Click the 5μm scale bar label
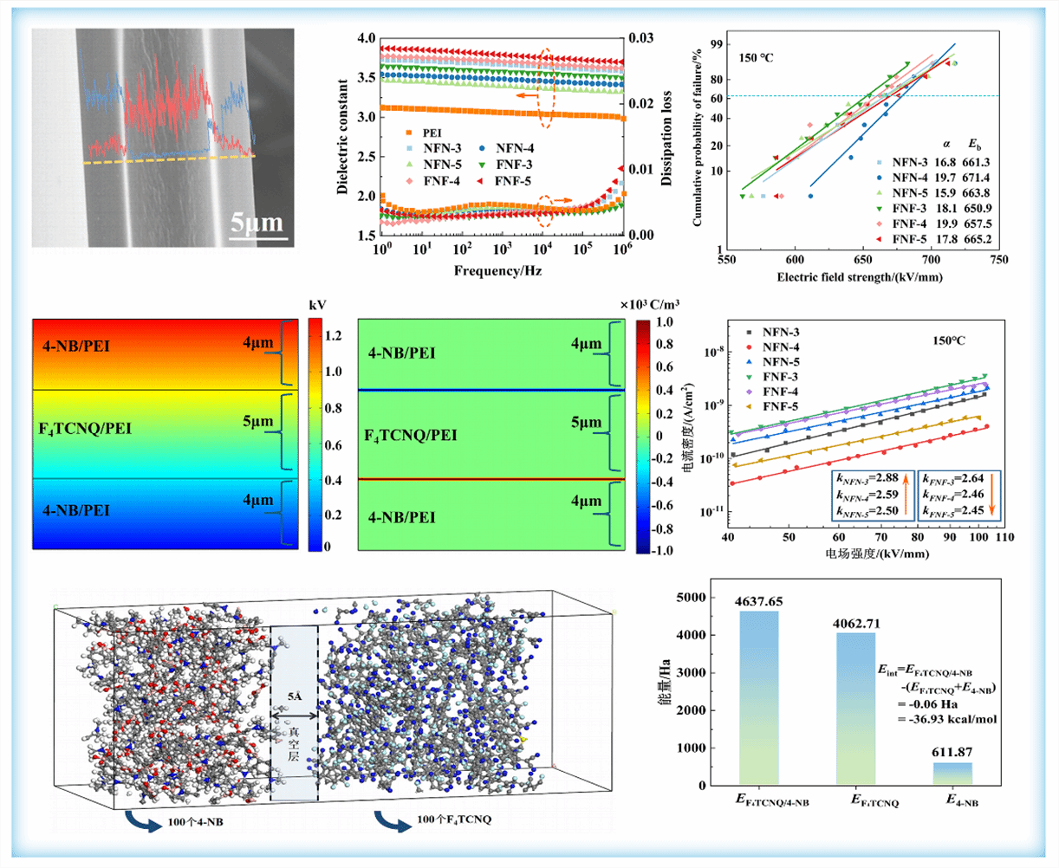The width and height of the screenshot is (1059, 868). [x=257, y=224]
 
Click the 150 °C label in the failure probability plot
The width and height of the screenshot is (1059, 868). [x=756, y=58]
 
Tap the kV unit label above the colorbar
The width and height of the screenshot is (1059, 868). [x=315, y=306]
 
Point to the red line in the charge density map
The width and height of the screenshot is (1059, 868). [x=491, y=479]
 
